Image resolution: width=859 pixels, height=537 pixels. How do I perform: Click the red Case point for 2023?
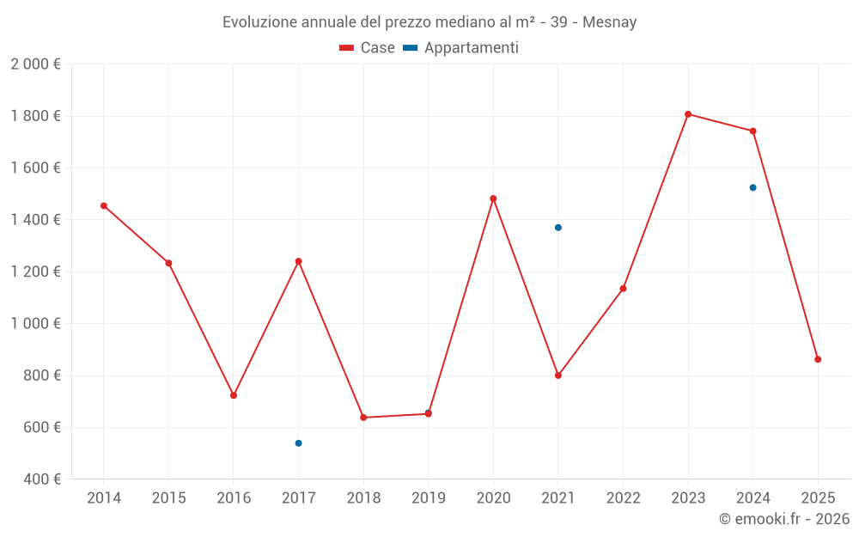pos(688,114)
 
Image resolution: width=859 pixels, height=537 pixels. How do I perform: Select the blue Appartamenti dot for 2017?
pos(298,443)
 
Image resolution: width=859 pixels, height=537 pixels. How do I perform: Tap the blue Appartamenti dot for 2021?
pos(558,228)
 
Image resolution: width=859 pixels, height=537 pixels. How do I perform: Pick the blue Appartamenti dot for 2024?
pos(753,187)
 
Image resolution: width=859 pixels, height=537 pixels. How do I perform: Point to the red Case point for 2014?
pos(104,206)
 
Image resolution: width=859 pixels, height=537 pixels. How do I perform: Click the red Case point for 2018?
pos(363,418)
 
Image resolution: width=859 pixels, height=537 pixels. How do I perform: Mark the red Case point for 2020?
pos(493,198)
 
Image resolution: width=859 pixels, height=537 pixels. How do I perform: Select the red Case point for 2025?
pos(818,359)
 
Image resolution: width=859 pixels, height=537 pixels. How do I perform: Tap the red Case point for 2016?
pos(234,395)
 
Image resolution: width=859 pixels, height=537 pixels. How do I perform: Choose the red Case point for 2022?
pos(623,289)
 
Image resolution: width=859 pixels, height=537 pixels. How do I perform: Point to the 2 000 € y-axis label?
pos(35,64)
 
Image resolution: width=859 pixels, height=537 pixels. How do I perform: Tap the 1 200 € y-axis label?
pos(35,272)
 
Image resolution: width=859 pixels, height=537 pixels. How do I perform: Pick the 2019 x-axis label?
pos(428,498)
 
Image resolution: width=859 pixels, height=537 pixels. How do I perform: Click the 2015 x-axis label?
pos(168,498)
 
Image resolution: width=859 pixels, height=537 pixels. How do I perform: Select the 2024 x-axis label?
pos(753,498)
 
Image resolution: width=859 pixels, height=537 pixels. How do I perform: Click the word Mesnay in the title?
pos(609,22)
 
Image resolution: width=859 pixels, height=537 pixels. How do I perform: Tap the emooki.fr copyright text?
pos(784,519)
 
